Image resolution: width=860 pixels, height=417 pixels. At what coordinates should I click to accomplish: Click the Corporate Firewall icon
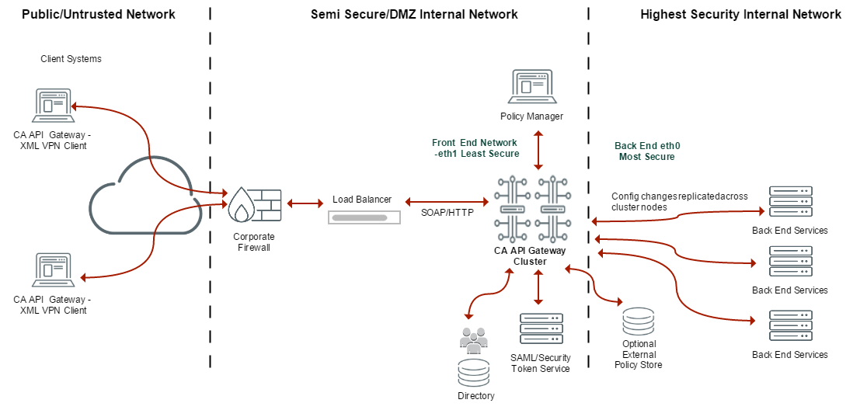pos(253,205)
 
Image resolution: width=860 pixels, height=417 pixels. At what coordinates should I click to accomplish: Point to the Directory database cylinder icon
pos(474,374)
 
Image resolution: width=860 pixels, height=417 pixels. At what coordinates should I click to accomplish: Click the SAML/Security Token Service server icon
pos(541,329)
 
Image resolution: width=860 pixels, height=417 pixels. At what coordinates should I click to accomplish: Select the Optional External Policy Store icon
pos(639,321)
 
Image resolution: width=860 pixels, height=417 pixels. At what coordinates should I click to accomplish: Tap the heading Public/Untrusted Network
pos(99,14)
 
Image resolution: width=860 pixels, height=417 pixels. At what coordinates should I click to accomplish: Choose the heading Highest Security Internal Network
pos(740,14)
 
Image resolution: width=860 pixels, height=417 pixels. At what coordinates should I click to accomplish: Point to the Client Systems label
pos(71,59)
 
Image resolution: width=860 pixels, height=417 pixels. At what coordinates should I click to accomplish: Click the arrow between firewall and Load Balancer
pos(305,203)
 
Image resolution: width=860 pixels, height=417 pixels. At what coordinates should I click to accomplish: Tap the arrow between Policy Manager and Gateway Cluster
pos(538,150)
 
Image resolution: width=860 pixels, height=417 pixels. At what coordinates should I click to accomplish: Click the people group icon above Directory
pos(474,339)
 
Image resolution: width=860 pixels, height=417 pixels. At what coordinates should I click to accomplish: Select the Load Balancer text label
pos(362,200)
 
